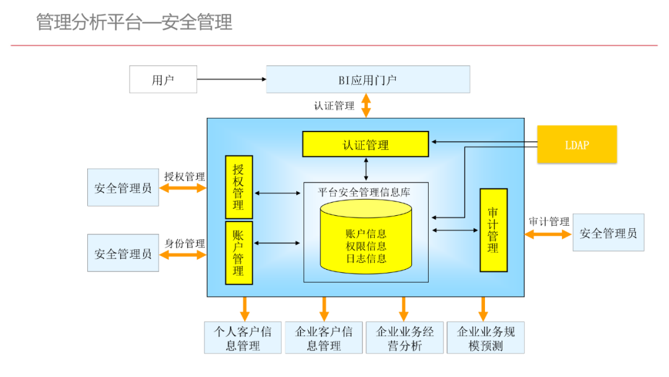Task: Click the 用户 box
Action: [x=163, y=79]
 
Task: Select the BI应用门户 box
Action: [x=367, y=79]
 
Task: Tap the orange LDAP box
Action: [x=577, y=144]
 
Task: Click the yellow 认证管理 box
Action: [x=365, y=144]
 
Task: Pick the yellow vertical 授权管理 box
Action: [x=238, y=187]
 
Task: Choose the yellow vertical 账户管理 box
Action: [x=238, y=253]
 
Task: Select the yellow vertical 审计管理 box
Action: [x=493, y=230]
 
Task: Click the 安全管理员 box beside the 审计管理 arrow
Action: [x=608, y=233]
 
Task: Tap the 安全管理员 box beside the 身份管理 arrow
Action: [x=123, y=253]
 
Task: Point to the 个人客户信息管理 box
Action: [x=242, y=338]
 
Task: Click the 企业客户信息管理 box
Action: [x=323, y=338]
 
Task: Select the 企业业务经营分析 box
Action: [x=404, y=338]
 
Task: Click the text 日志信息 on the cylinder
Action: [x=365, y=259]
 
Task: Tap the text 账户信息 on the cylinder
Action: [x=365, y=234]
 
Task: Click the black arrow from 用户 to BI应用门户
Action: [x=231, y=79]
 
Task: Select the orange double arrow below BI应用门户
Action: [x=366, y=105]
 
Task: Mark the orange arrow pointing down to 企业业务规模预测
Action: [x=483, y=308]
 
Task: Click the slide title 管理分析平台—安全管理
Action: [x=134, y=22]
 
